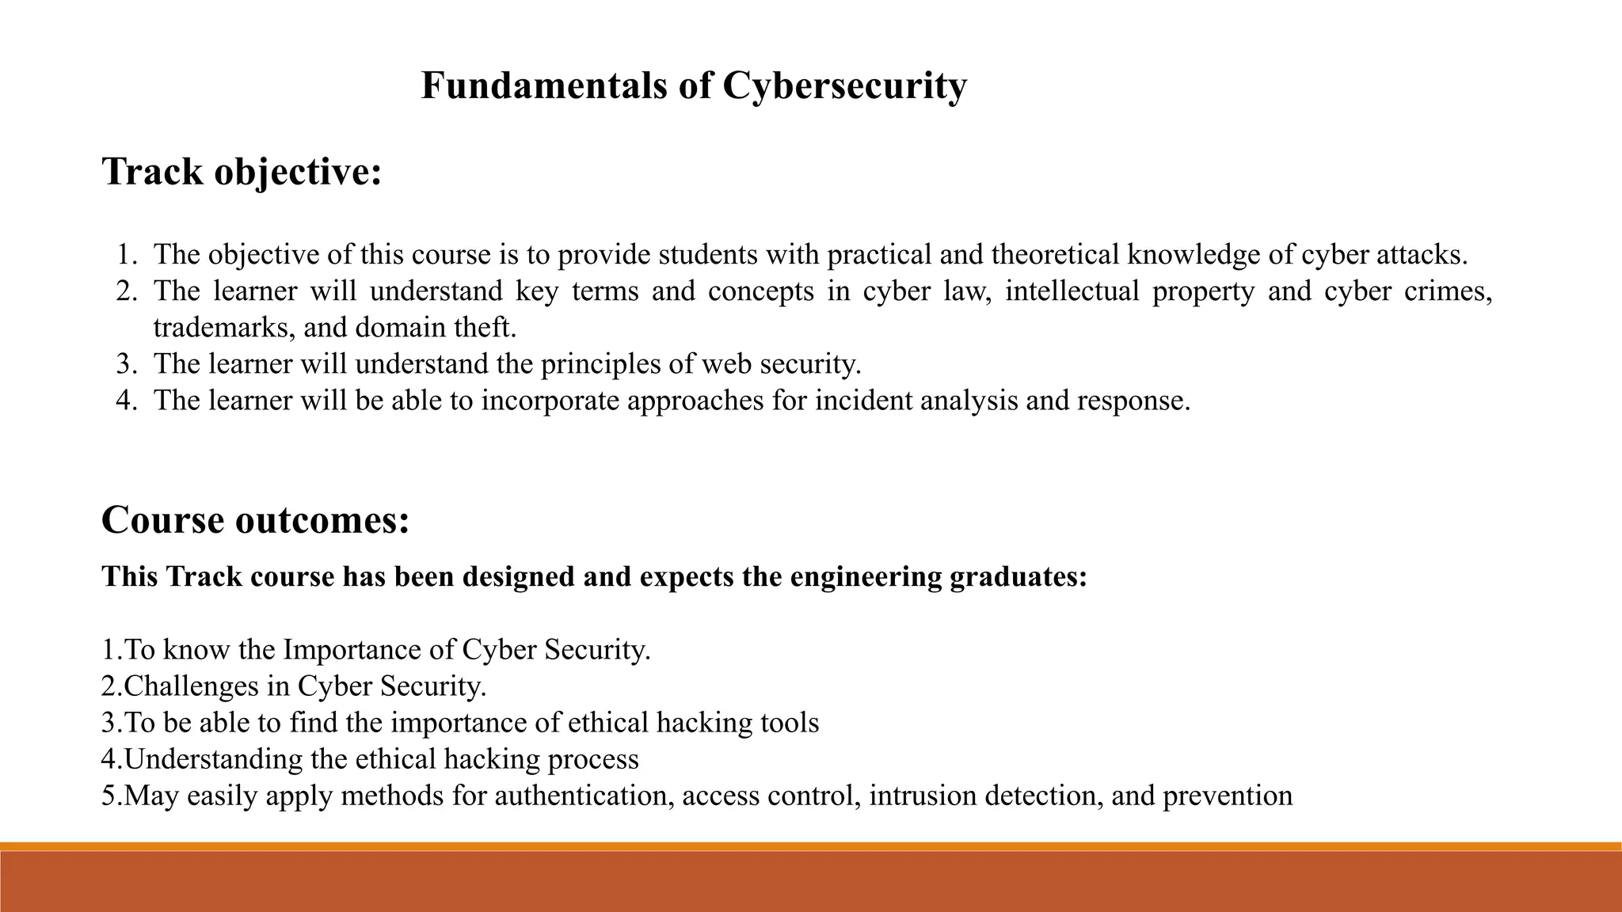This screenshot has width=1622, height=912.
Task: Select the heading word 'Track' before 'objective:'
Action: click(152, 172)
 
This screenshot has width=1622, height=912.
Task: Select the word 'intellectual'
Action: click(1072, 291)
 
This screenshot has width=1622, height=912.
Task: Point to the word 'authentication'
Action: click(581, 796)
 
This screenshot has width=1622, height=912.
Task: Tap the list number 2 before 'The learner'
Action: click(125, 291)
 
